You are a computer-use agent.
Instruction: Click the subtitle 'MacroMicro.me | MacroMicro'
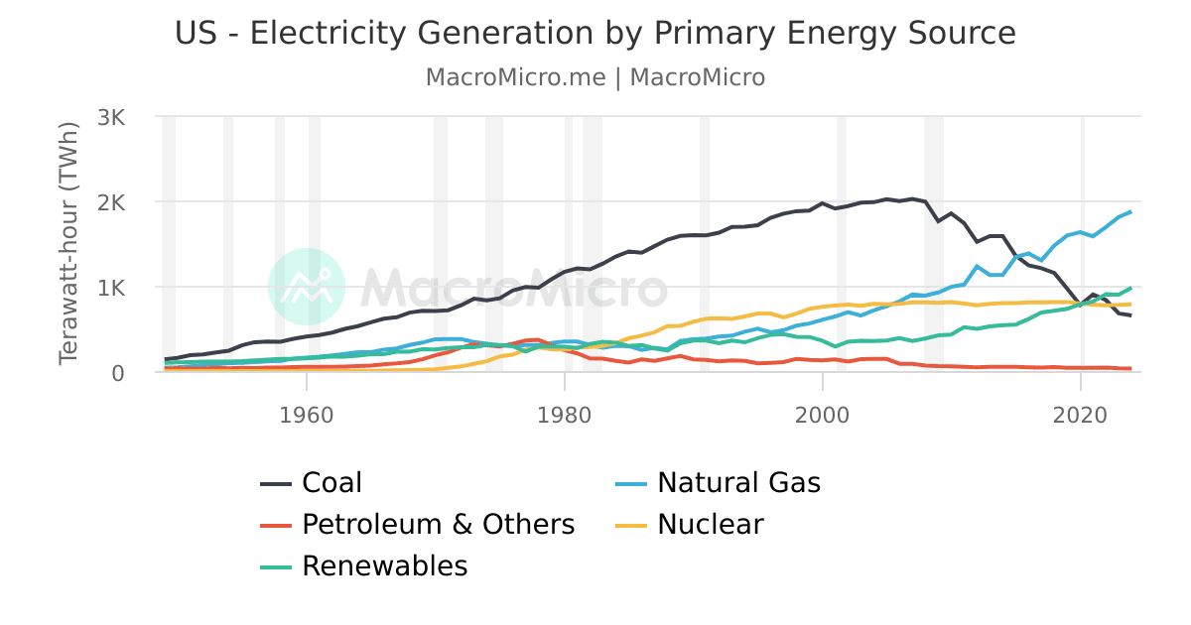coord(595,77)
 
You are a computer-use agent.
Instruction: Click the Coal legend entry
coord(331,483)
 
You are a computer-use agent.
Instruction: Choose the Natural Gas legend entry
coord(738,483)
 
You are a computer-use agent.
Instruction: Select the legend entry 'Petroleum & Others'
coord(438,524)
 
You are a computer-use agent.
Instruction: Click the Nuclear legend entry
coord(711,524)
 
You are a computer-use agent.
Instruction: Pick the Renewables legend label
coord(384,565)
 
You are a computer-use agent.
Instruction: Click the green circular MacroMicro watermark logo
coord(307,287)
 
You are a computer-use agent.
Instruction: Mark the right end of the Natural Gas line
coord(1131,211)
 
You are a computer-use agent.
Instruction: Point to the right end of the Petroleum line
coord(1131,368)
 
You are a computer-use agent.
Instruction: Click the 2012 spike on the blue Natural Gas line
coord(978,266)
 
